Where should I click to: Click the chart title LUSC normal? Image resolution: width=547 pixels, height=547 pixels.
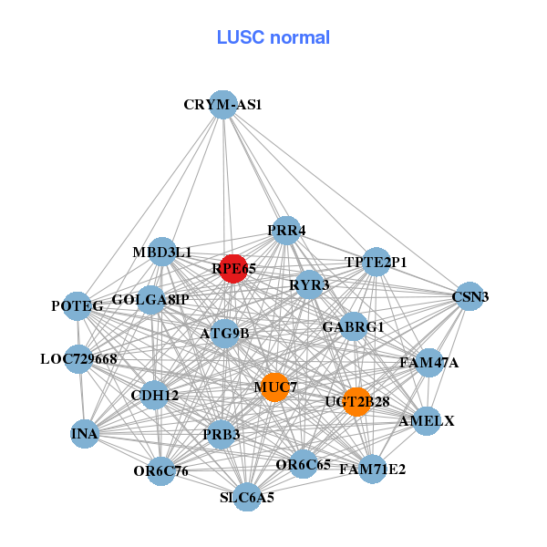click(x=273, y=37)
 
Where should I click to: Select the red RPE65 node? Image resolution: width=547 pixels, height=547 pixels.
click(x=233, y=268)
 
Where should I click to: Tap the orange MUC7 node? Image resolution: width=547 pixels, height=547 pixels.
click(x=274, y=387)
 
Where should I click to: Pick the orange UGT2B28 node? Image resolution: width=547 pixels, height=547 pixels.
click(x=357, y=401)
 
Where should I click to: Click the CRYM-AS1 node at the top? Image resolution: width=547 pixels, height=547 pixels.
click(x=222, y=105)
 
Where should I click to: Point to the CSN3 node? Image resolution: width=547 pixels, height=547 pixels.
click(x=469, y=296)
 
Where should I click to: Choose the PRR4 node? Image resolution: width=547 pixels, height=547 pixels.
click(x=285, y=231)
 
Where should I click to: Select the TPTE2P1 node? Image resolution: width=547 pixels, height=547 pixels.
click(x=376, y=263)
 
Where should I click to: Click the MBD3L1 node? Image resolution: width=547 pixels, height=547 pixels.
click(x=161, y=252)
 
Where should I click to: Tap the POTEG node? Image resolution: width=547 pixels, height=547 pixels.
click(x=77, y=306)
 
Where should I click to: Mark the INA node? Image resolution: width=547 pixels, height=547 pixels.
click(x=85, y=433)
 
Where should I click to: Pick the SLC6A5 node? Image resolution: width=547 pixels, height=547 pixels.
click(x=246, y=497)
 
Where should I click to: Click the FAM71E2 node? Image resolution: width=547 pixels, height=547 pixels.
click(x=372, y=470)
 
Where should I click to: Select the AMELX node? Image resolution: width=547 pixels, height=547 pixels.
click(x=427, y=421)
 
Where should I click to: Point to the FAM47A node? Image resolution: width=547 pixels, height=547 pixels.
click(x=428, y=363)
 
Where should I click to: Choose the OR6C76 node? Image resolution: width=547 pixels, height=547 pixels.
click(x=160, y=470)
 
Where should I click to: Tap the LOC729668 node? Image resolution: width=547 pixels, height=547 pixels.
click(x=79, y=358)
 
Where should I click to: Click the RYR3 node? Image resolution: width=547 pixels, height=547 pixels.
click(x=309, y=285)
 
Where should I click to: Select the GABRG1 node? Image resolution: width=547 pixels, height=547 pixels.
click(x=354, y=326)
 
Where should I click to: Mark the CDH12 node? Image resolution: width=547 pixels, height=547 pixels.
click(x=155, y=396)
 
